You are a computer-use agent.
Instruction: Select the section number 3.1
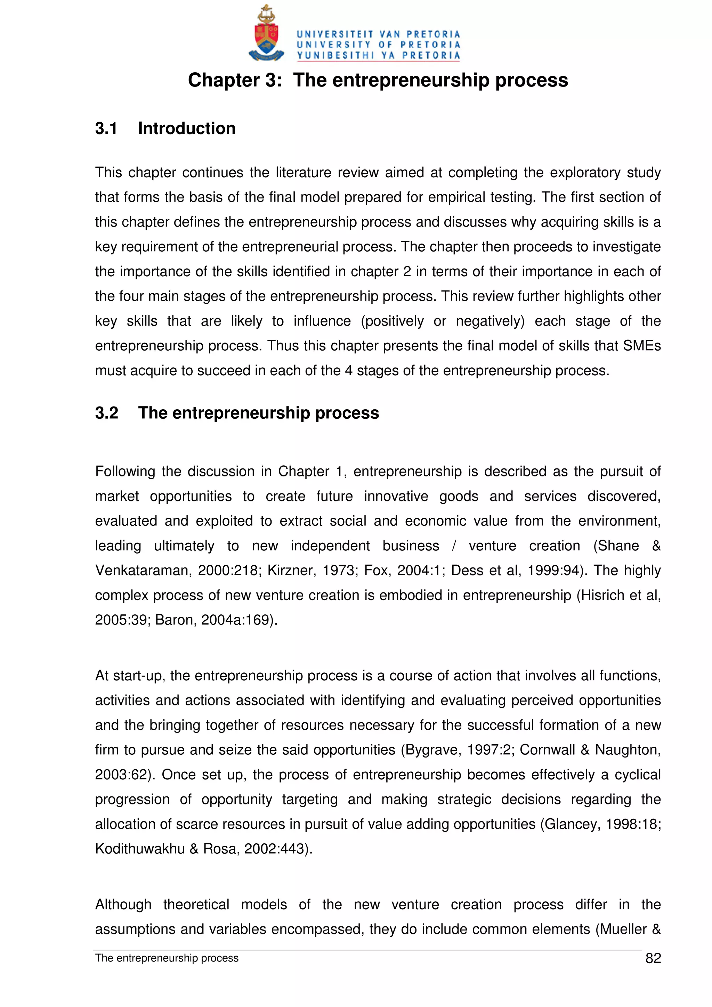(x=106, y=129)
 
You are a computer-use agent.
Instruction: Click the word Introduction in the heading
(x=186, y=129)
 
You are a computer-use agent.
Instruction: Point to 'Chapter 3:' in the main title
(x=235, y=80)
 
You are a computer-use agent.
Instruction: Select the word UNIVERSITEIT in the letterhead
(x=335, y=34)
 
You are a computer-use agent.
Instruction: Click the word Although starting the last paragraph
(x=123, y=904)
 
